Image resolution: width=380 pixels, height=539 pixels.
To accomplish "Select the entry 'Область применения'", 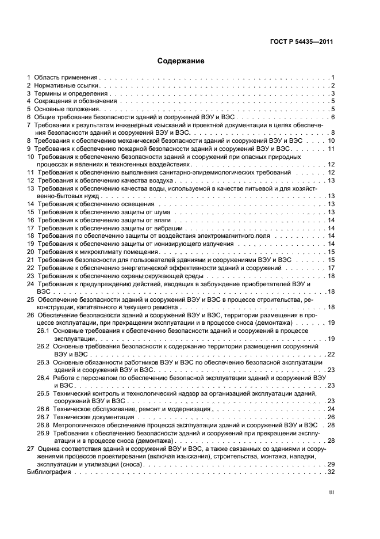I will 66,77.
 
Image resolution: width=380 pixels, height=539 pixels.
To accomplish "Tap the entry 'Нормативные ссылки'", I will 67,85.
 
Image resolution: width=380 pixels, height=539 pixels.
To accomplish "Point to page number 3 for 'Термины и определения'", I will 332,93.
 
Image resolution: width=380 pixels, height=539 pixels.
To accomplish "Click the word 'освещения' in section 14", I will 138,204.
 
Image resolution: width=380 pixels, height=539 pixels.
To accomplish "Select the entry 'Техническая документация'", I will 91,416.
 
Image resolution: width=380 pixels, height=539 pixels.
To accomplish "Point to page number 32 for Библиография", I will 331,472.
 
